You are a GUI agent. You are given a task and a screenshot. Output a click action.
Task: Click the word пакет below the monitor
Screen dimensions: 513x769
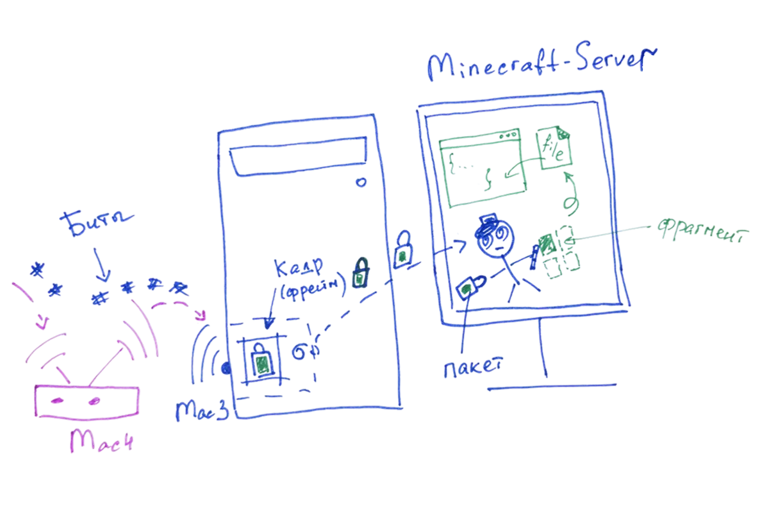click(472, 367)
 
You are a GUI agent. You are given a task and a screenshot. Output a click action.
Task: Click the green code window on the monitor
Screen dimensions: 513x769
click(483, 170)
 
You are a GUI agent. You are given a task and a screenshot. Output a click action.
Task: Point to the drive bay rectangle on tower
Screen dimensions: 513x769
click(297, 160)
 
